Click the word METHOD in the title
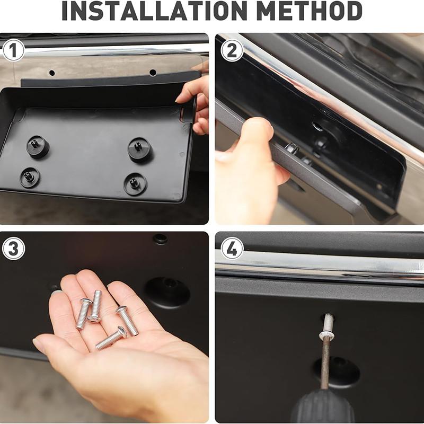click(310, 11)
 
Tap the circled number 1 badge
click(13, 50)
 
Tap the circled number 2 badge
click(232, 50)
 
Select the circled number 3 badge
click(14, 249)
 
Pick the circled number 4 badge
click(232, 249)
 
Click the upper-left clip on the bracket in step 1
click(38, 147)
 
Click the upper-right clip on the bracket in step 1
click(139, 149)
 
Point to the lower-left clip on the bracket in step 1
click(30, 178)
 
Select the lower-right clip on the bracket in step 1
click(135, 184)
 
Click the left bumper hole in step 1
click(52, 73)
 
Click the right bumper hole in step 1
click(153, 73)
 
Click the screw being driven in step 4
click(328, 326)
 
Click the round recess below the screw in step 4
click(337, 372)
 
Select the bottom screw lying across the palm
click(111, 338)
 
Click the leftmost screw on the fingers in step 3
click(83, 314)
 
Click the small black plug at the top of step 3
click(160, 239)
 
